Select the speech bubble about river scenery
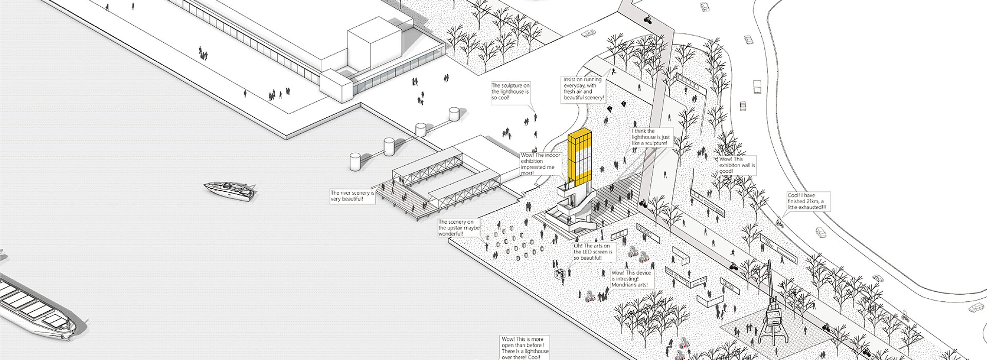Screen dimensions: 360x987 [352, 196]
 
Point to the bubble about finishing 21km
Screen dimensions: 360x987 [808, 201]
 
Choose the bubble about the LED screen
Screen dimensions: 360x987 [594, 252]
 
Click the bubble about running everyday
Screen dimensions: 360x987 [584, 88]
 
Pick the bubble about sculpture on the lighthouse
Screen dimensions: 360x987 [509, 92]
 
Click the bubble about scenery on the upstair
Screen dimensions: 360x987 [459, 228]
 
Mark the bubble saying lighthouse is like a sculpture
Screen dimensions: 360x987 [651, 137]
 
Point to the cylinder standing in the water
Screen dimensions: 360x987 [356, 161]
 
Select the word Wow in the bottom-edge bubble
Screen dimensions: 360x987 [508, 339]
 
